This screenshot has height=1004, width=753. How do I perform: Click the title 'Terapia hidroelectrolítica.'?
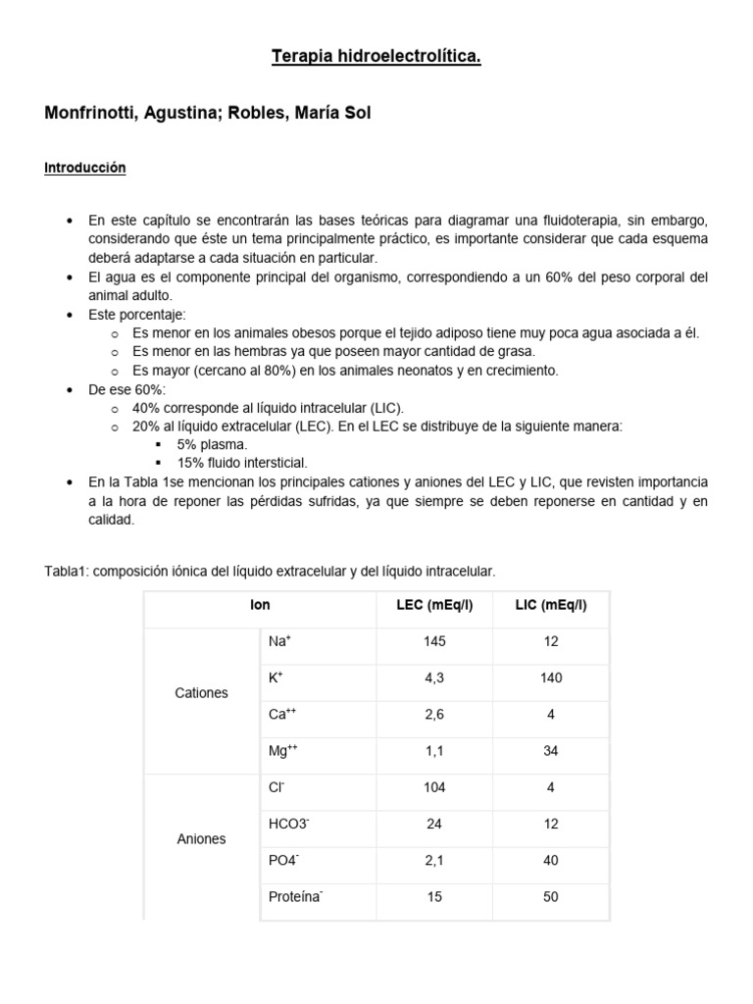click(x=376, y=59)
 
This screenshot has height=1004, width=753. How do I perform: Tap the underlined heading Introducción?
click(x=85, y=169)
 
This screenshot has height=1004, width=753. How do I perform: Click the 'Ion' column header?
click(x=260, y=605)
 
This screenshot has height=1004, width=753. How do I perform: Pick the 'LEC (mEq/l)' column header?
click(x=434, y=605)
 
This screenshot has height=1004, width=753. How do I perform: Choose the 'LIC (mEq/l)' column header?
click(x=550, y=605)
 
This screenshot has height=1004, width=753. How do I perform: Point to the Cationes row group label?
click(x=201, y=693)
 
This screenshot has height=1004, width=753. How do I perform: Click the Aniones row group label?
click(x=201, y=839)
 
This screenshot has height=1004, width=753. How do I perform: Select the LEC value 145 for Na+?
click(x=434, y=641)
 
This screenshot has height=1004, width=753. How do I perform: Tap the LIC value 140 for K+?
click(x=550, y=678)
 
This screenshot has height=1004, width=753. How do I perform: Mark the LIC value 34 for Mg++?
click(x=550, y=751)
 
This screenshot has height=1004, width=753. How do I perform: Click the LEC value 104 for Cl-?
click(x=434, y=787)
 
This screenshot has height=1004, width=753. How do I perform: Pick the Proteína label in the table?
click(x=295, y=896)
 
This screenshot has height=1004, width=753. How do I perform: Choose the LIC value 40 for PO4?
click(x=550, y=860)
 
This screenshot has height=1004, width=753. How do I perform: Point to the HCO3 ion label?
click(x=288, y=824)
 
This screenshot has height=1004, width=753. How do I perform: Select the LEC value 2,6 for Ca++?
click(x=434, y=715)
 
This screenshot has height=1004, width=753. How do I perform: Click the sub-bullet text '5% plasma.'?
click(x=206, y=444)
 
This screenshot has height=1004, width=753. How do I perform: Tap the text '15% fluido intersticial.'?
click(x=242, y=462)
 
